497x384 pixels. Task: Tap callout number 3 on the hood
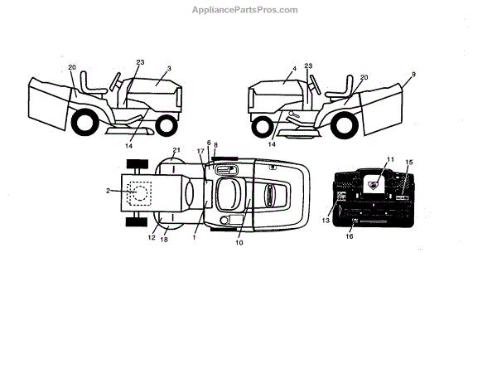[168, 69]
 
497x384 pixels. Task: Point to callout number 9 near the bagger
[413, 74]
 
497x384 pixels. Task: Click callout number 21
[176, 150]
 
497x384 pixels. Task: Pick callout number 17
[200, 151]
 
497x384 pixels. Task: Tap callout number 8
[215, 145]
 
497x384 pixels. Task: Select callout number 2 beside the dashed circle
[109, 191]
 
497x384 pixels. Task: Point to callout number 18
[164, 241]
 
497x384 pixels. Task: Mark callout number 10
[239, 243]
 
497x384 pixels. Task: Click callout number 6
[209, 143]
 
